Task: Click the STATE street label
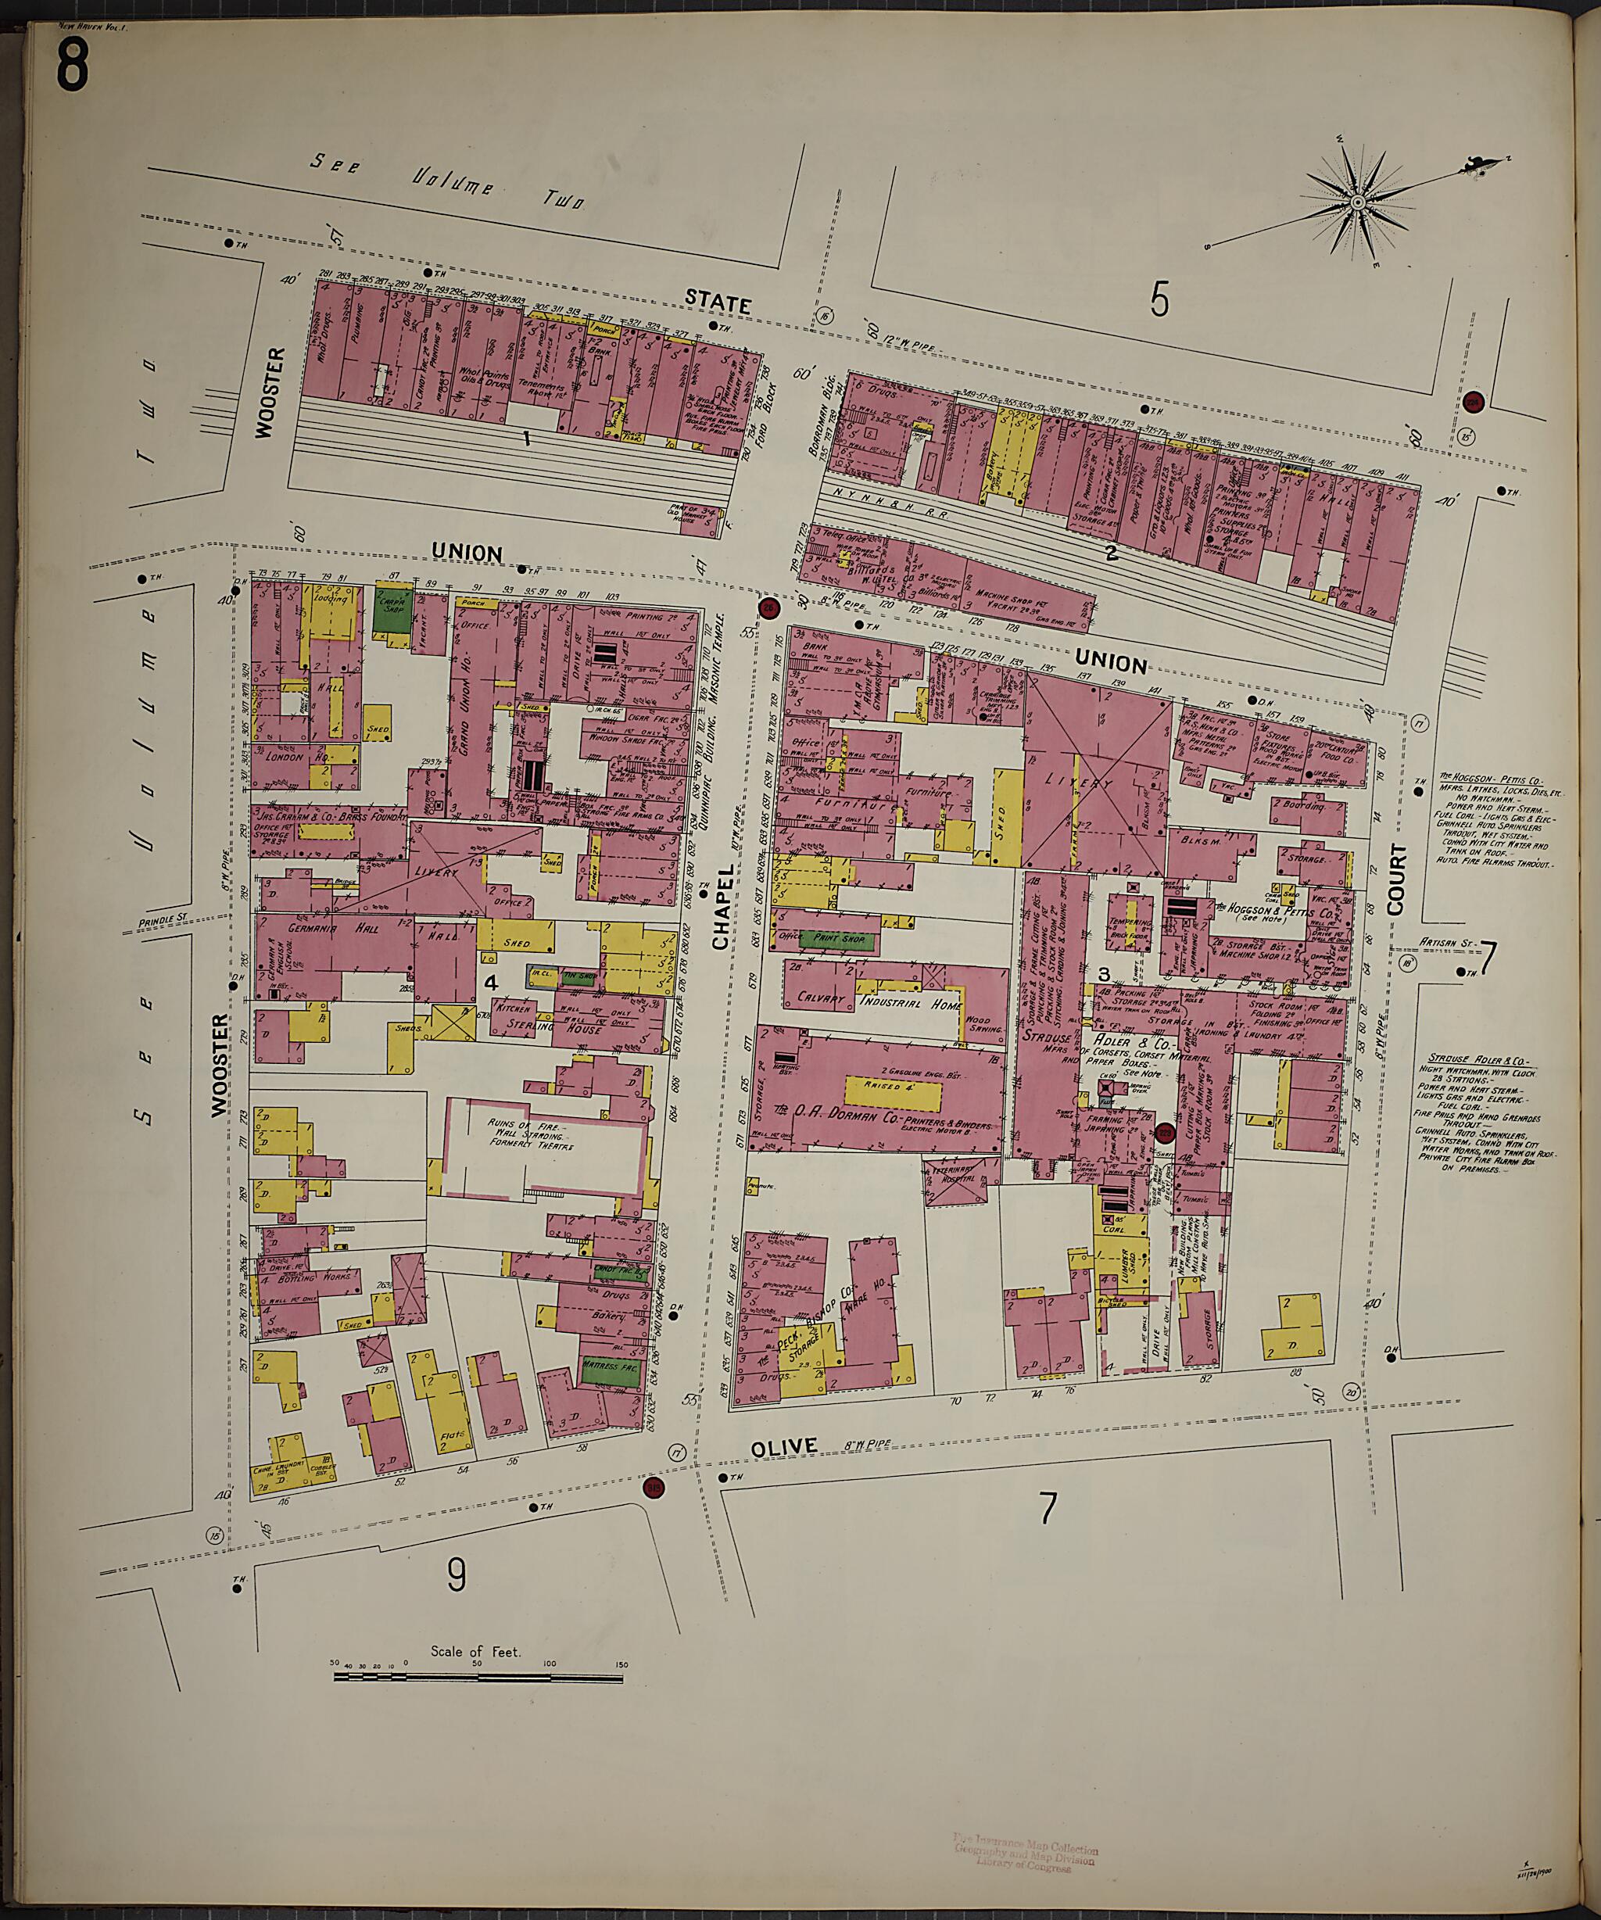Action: [x=718, y=302]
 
